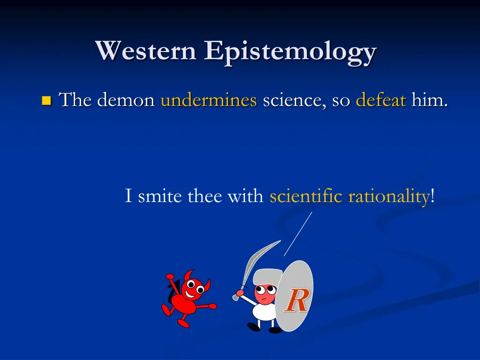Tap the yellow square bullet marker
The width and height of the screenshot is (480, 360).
click(x=46, y=100)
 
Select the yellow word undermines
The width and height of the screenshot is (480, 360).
click(x=209, y=100)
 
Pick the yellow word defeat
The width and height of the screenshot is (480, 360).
click(x=380, y=100)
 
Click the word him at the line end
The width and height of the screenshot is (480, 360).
click(x=427, y=100)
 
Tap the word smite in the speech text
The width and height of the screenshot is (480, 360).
click(x=160, y=195)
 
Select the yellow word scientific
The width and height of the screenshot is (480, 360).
click(x=306, y=195)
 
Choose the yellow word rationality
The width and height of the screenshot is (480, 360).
click(x=389, y=196)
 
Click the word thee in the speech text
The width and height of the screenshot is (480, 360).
click(x=205, y=195)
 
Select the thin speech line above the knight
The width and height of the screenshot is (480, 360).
click(x=298, y=233)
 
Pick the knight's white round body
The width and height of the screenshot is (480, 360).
click(x=265, y=311)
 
